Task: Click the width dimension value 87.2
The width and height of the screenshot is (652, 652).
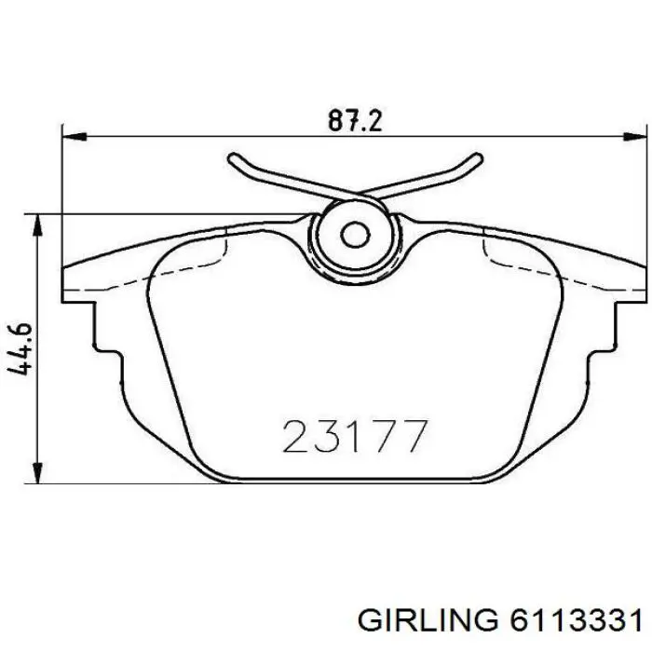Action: click(354, 120)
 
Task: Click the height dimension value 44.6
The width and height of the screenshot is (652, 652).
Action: click(20, 348)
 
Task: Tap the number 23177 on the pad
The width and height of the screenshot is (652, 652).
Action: click(355, 436)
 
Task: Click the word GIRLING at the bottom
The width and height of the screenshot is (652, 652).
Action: click(428, 622)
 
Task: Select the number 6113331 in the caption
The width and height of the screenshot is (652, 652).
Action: click(575, 622)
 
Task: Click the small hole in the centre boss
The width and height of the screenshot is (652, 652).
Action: click(355, 236)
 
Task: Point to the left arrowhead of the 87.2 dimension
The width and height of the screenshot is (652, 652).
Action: click(74, 136)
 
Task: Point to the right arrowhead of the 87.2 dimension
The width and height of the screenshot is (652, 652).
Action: click(634, 136)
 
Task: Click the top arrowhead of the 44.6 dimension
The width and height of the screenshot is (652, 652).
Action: click(38, 226)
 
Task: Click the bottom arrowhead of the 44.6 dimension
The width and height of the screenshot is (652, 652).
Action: click(38, 471)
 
